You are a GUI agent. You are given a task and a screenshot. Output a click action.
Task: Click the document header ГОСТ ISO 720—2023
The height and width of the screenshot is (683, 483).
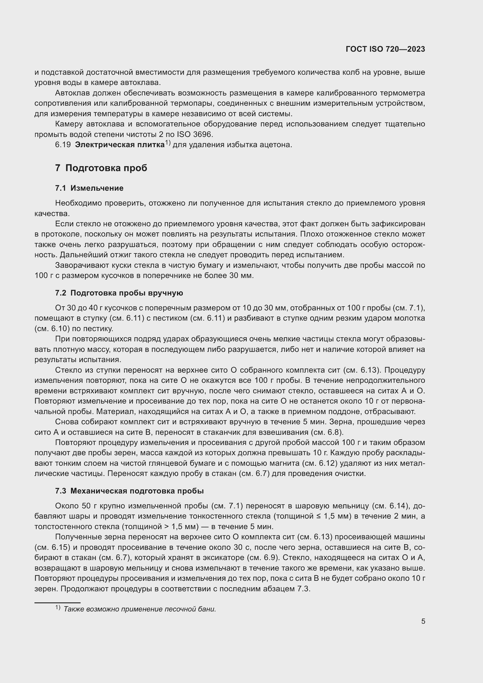[385, 49]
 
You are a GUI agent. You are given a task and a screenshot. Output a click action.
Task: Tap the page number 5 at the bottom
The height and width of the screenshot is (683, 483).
[423, 621]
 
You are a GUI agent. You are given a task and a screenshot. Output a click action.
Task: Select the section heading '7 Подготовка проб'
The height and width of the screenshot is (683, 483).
[101, 168]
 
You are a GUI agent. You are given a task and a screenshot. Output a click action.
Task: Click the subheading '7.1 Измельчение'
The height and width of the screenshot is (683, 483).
[89, 188]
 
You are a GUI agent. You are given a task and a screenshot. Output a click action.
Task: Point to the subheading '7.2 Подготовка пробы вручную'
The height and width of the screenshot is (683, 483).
[119, 293]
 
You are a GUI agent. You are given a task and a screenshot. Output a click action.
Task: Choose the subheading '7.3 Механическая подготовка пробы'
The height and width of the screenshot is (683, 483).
[129, 491]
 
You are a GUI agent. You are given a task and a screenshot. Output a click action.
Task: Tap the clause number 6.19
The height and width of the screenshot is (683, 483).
[63, 145]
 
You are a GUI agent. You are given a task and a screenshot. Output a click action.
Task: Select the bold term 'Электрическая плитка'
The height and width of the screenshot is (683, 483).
[120, 145]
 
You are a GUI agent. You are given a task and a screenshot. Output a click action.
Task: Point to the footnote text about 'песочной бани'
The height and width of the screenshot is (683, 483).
[140, 609]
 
